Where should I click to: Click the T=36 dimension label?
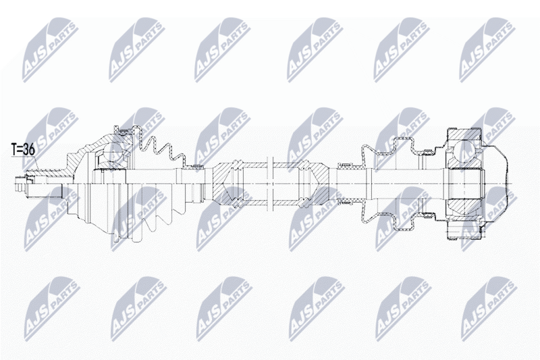point(23,150)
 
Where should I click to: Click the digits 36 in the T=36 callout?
point(29,150)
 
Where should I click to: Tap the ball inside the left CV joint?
point(113,151)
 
